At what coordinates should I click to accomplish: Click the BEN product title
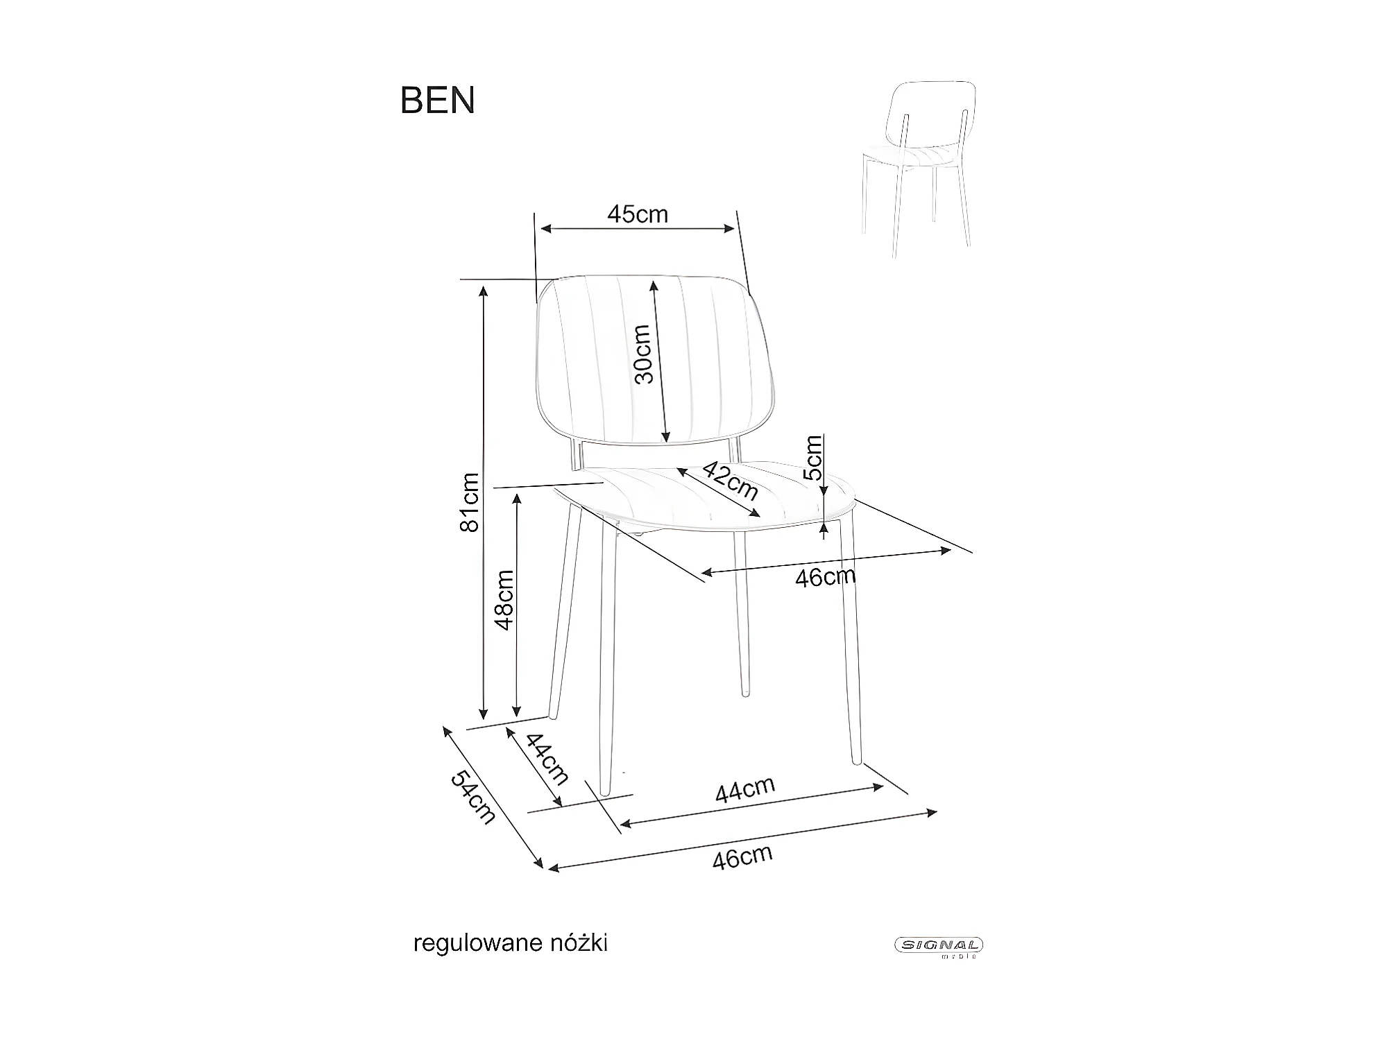coord(438,101)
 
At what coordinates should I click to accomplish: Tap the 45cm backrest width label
coord(637,214)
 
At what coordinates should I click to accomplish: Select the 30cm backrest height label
coord(643,354)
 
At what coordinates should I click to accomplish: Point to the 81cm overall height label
coord(470,502)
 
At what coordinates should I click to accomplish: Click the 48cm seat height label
coord(504,600)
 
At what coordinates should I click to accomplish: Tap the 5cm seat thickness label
coord(812,458)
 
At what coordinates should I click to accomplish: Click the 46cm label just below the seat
coord(825,577)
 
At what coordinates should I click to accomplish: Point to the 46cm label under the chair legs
coord(742,857)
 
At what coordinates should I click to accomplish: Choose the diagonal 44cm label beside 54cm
coord(547,759)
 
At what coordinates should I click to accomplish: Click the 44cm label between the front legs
coord(745,790)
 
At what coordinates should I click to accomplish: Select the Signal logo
coord(938,945)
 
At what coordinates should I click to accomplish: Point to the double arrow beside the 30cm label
coord(660,361)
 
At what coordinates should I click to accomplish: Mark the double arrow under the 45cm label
coord(638,229)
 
